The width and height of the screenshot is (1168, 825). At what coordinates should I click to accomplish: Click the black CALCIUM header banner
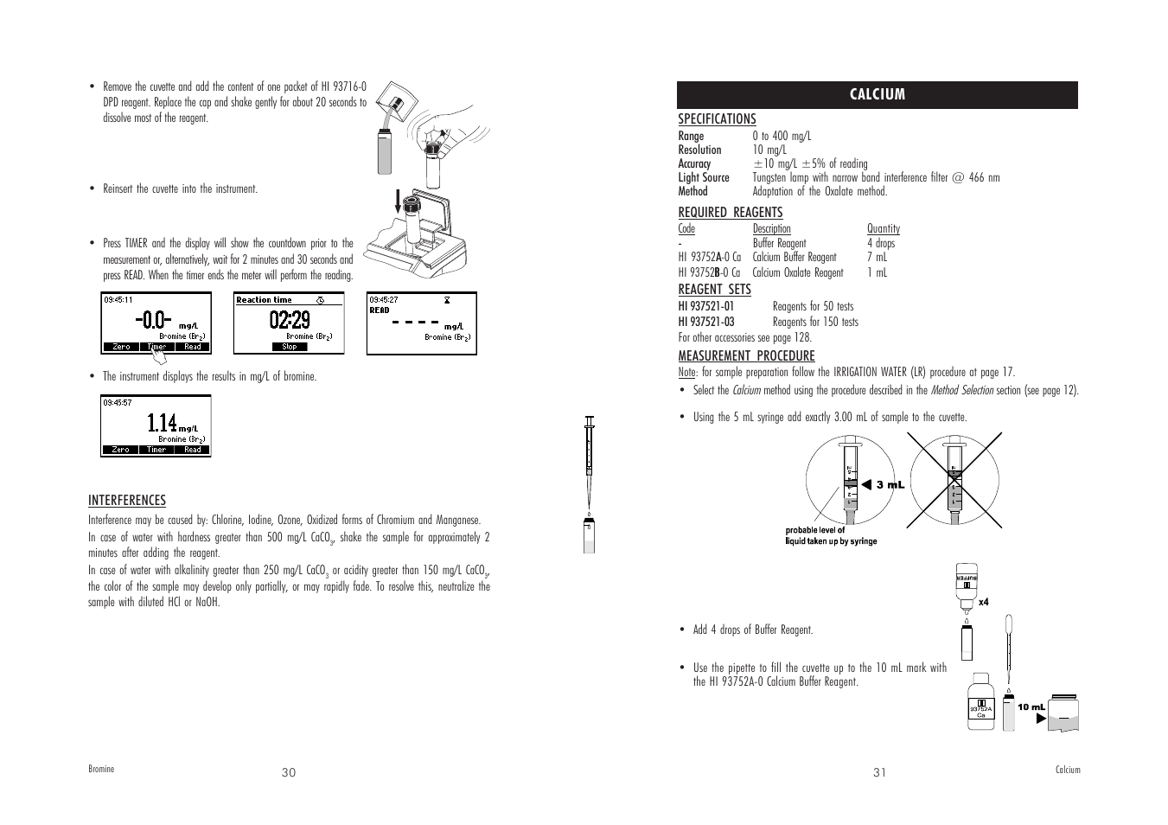point(877,94)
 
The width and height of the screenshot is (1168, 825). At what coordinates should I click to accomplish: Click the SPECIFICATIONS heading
point(717,119)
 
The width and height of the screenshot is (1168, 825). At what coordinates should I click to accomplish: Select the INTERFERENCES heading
point(126,501)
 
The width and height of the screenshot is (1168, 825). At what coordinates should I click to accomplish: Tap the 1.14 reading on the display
point(162,422)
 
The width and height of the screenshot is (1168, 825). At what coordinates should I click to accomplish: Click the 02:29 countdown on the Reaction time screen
point(289,320)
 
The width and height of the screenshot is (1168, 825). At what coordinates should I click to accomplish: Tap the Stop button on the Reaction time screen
point(289,347)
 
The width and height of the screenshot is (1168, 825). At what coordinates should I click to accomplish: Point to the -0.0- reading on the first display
point(153,320)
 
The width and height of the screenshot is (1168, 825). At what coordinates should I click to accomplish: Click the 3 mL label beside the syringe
point(890,485)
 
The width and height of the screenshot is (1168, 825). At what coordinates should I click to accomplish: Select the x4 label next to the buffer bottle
point(983,602)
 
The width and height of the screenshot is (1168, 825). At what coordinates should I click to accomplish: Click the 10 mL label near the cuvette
point(1031,707)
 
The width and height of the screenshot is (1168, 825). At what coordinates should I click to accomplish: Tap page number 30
point(289,772)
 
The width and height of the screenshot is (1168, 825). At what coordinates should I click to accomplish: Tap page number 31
point(879,772)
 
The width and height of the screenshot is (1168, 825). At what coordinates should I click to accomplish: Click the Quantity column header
point(883,229)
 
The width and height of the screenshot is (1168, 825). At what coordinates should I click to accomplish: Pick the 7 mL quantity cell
point(877,257)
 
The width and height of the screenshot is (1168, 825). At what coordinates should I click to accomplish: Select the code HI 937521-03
point(705,322)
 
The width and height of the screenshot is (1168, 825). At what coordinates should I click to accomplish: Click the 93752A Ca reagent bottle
point(981,702)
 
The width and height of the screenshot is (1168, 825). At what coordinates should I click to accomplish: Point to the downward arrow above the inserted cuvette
point(399,201)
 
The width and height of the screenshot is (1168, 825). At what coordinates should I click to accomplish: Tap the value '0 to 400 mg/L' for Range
point(782,136)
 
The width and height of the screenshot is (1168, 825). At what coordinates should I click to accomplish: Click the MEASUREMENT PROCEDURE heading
point(746,356)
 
